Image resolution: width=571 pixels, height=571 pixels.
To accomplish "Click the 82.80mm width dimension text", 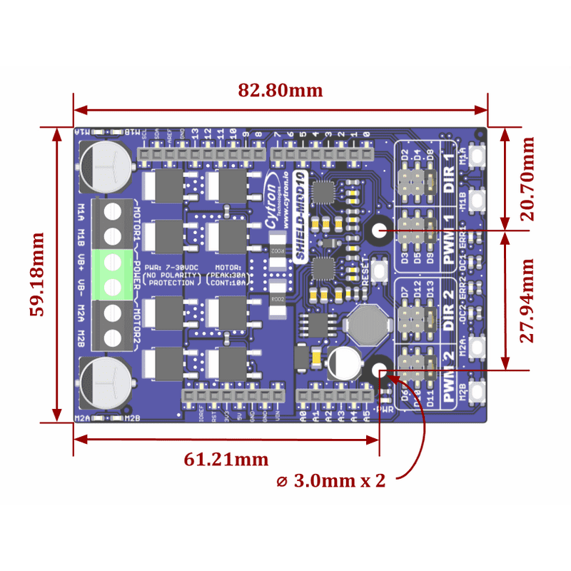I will pyautogui.click(x=281, y=91).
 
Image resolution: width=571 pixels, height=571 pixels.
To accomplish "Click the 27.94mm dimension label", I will pyautogui.click(x=527, y=300).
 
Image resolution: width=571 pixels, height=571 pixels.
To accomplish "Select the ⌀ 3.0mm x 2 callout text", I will pyautogui.click(x=330, y=480).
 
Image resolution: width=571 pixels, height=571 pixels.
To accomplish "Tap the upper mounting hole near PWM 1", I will pyautogui.click(x=378, y=231).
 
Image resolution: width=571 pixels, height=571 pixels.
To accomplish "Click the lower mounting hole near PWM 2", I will pyautogui.click(x=379, y=370).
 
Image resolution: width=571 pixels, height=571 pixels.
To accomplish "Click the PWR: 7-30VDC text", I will pyautogui.click(x=171, y=267).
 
